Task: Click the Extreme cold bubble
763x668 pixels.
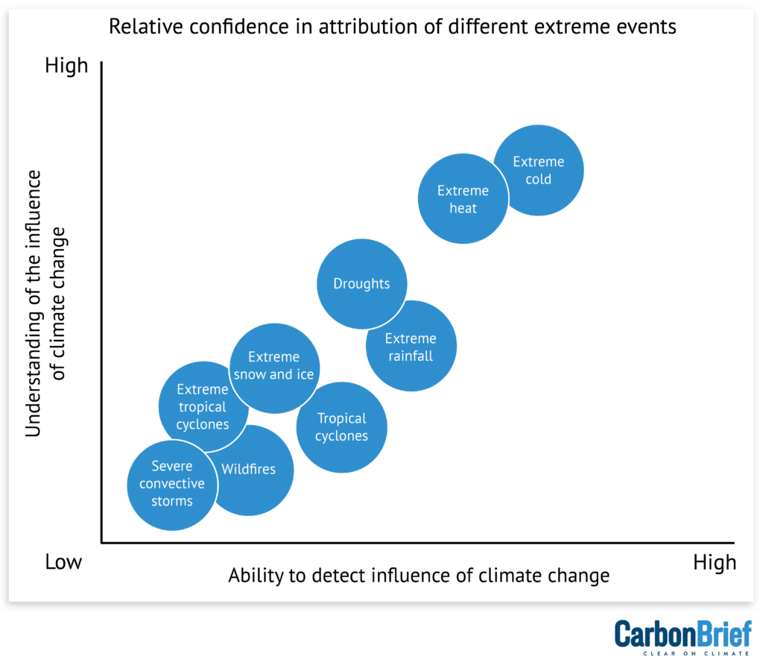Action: [x=539, y=171]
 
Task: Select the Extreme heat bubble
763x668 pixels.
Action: [x=463, y=199]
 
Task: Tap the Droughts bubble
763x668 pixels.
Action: [x=361, y=284]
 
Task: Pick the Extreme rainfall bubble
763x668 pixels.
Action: [x=411, y=347]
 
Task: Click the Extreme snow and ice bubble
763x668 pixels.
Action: [x=273, y=366]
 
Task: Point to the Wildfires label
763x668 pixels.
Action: [x=249, y=470]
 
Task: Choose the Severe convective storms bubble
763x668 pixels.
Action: [x=172, y=484]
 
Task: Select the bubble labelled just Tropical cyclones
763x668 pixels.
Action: [x=341, y=427]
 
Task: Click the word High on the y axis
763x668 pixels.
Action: [x=66, y=66]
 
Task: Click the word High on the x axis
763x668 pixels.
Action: [x=714, y=561]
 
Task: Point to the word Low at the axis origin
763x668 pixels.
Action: [x=63, y=561]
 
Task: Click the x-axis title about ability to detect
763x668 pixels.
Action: [x=418, y=576]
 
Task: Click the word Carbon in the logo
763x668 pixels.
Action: [x=648, y=634]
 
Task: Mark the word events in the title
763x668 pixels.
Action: [x=649, y=27]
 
